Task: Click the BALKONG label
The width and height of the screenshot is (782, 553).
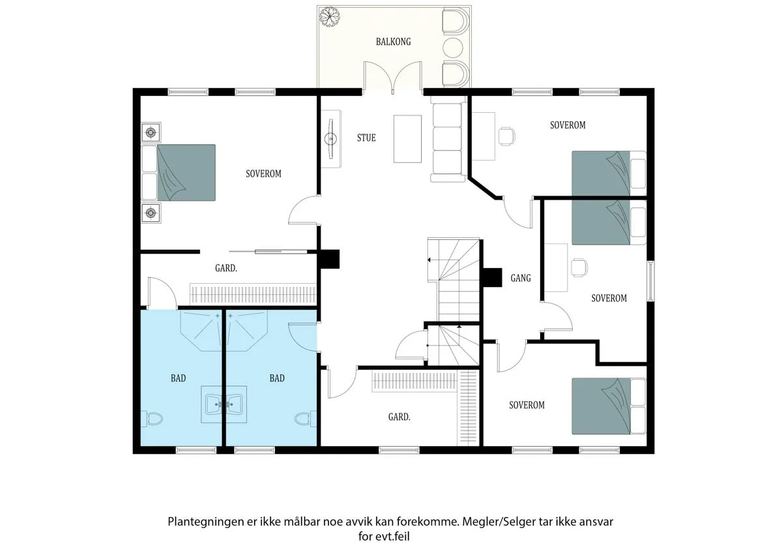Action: click(x=393, y=42)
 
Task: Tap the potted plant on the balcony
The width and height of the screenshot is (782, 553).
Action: click(x=330, y=16)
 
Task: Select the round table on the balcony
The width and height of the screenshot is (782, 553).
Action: click(x=453, y=48)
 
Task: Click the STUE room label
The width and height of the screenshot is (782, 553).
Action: click(x=366, y=138)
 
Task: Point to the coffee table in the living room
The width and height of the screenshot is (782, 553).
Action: click(x=407, y=139)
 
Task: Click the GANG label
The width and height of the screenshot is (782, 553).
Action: click(x=521, y=278)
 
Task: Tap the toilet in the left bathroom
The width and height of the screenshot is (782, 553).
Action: click(x=152, y=419)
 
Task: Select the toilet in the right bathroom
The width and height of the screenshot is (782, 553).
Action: click(x=306, y=419)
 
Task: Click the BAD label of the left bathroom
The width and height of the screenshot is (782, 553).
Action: click(x=178, y=378)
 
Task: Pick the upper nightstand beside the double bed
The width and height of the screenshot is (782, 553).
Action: click(x=151, y=132)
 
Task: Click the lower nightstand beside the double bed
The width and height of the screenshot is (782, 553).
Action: click(x=151, y=213)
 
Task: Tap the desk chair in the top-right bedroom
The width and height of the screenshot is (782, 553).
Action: click(x=507, y=136)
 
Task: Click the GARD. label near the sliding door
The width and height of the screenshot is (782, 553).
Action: click(x=226, y=268)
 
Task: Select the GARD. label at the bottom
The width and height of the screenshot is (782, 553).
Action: click(x=399, y=417)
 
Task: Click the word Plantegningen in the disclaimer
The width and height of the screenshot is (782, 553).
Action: click(x=206, y=522)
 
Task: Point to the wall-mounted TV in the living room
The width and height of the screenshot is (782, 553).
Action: click(x=330, y=139)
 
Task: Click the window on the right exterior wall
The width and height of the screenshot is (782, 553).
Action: click(x=651, y=281)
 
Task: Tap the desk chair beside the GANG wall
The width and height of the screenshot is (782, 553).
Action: click(x=579, y=267)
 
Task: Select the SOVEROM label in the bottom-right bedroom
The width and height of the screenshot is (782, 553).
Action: click(x=527, y=405)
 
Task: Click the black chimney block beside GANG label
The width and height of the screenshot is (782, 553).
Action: click(x=492, y=278)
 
